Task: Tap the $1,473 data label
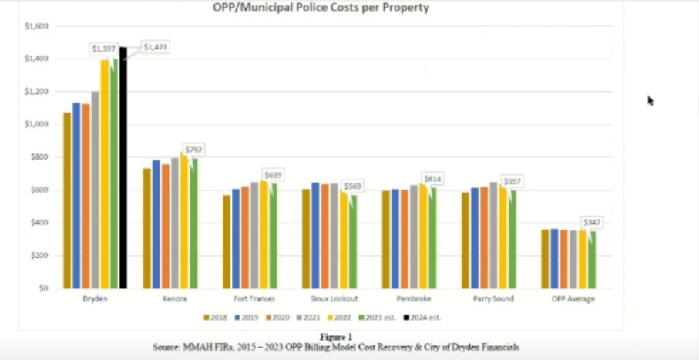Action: (x=155, y=48)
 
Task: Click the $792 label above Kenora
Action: (x=194, y=148)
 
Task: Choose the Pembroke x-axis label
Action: (x=411, y=299)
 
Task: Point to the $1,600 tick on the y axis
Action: (x=36, y=26)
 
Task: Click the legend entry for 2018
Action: (x=217, y=317)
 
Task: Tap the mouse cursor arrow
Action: (x=650, y=99)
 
